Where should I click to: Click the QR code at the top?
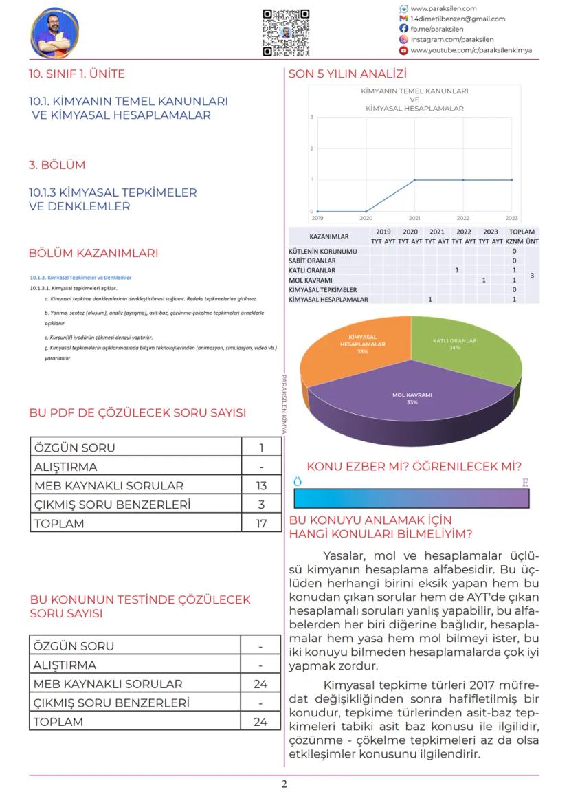(286, 32)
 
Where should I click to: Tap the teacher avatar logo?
(55, 32)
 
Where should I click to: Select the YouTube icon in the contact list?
(404, 50)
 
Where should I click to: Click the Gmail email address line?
(457, 19)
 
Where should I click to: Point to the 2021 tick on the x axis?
(414, 217)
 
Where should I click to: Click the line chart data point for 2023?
(511, 180)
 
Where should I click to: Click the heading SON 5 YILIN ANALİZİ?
(348, 74)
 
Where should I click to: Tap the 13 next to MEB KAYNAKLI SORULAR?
(261, 485)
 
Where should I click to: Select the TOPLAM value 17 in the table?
(261, 523)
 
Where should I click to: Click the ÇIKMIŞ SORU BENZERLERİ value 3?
(261, 505)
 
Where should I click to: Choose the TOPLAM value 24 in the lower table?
(260, 722)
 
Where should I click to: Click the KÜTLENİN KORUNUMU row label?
(323, 252)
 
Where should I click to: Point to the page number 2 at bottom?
(284, 784)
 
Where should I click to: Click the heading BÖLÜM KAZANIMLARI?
(93, 253)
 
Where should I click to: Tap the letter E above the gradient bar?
(525, 483)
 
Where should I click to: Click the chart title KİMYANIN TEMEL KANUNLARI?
(414, 91)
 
